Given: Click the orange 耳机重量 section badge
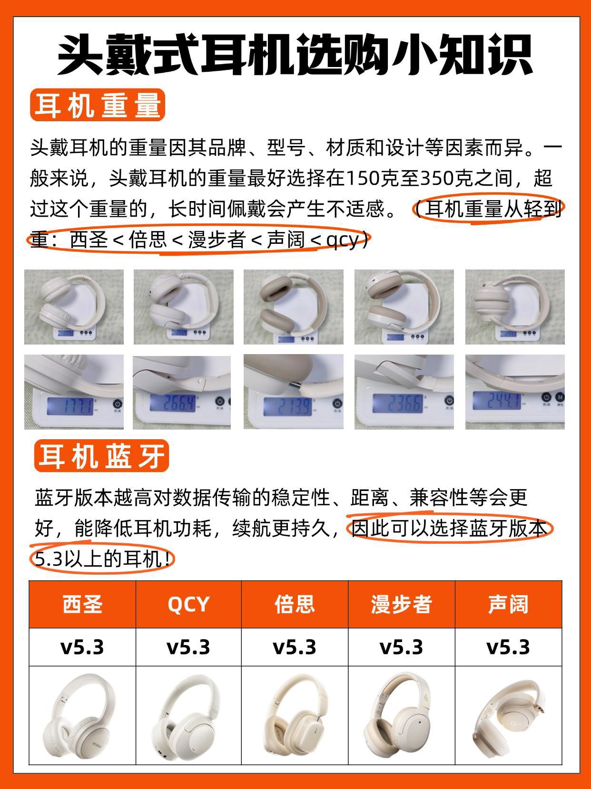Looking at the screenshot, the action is tap(98, 105).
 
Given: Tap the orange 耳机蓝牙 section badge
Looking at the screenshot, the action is tap(101, 455).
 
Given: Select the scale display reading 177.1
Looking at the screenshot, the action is tap(70, 406).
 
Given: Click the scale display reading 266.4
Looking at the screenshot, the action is tap(173, 403).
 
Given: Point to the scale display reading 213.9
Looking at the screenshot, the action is tap(287, 407).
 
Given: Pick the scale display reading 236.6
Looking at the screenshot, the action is tap(397, 404).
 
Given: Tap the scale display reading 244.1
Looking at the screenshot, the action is tap(497, 400).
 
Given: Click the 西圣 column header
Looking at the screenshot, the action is tap(82, 604).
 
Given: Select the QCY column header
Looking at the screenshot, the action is tap(188, 604).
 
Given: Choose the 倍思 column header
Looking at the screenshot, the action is tap(295, 604).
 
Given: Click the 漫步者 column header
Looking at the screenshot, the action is tap(402, 604).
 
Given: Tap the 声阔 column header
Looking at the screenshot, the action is tap(508, 604).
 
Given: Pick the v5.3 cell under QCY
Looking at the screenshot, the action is tap(188, 647).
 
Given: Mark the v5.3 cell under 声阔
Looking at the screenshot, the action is tap(508, 647).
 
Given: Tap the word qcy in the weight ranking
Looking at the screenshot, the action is tap(343, 240).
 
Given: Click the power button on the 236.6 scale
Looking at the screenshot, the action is tap(449, 400).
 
